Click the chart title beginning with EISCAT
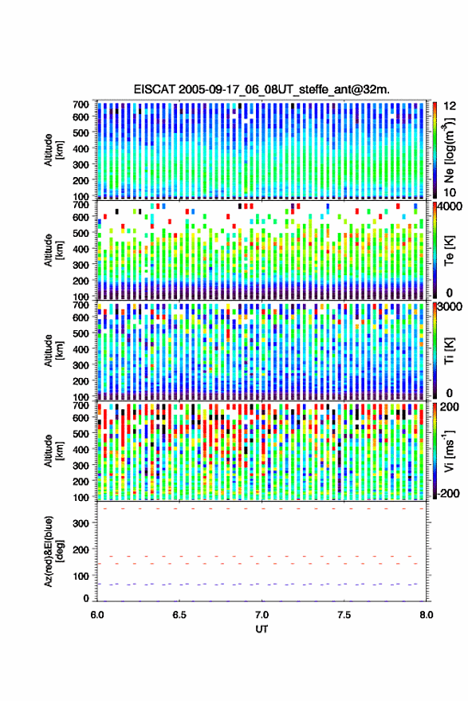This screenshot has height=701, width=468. (x=262, y=89)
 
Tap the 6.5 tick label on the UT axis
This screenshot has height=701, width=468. (x=179, y=615)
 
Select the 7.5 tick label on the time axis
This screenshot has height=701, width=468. (x=344, y=615)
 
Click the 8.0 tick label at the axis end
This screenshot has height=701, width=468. (x=426, y=615)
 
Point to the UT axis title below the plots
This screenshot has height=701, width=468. (x=262, y=629)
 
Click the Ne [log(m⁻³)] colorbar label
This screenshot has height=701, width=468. (x=449, y=150)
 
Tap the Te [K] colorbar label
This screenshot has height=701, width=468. (x=449, y=250)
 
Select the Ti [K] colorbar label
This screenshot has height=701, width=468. (x=449, y=351)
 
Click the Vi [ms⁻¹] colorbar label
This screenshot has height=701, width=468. (x=449, y=451)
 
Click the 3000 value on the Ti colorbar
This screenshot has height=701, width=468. (x=449, y=307)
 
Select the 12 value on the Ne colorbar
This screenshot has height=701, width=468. (x=450, y=106)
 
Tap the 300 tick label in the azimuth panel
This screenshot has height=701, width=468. (x=81, y=523)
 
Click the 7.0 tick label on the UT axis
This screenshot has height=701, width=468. (x=262, y=615)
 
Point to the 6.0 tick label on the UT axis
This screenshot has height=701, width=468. (x=97, y=615)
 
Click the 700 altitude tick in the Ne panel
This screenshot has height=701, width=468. (x=81, y=104)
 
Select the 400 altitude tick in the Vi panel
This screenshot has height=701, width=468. (x=81, y=449)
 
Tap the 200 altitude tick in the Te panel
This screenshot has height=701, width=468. (x=81, y=281)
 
